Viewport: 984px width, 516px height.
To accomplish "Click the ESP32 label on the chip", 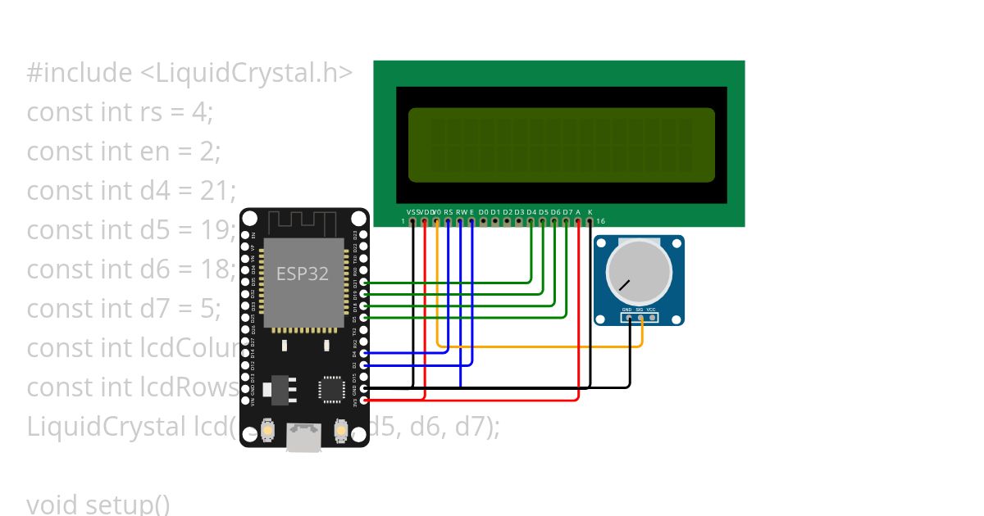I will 302,274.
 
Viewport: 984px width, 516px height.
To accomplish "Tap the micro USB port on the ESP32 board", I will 303,437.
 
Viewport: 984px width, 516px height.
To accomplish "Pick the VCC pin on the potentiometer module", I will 653,318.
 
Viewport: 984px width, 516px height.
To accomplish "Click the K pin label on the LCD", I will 590,212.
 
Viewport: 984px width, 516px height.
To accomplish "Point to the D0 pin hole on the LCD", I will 484,221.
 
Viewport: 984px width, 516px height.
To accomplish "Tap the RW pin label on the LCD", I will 461,212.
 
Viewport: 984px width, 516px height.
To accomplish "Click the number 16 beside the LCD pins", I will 601,221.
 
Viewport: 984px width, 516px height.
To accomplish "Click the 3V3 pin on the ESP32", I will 364,401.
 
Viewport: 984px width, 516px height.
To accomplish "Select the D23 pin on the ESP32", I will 364,234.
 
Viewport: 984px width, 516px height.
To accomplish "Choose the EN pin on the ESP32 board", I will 245,234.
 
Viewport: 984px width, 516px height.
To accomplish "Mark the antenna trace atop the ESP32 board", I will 304,221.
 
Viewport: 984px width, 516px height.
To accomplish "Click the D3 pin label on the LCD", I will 519,212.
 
